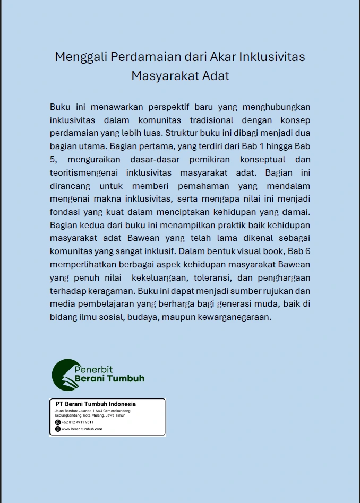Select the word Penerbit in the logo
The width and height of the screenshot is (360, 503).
(x=93, y=369)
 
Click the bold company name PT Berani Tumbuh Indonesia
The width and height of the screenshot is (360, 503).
(x=96, y=404)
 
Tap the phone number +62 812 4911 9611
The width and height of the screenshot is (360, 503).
(x=78, y=422)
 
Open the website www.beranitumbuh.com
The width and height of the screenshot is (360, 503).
(x=82, y=429)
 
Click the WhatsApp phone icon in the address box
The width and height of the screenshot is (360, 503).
(x=58, y=422)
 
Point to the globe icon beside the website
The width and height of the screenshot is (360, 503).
(x=58, y=429)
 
